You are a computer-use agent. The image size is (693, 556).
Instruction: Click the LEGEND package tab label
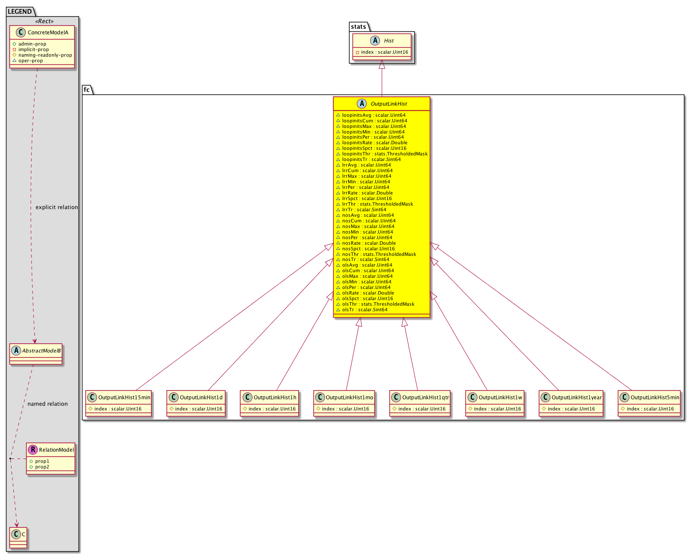tap(20, 12)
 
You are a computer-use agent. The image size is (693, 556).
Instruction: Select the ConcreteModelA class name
tap(48, 33)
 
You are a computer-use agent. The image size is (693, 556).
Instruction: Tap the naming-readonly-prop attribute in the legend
tap(45, 55)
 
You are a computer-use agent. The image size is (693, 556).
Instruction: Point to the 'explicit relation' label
tap(57, 207)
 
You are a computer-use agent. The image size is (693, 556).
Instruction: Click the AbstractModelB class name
tap(41, 350)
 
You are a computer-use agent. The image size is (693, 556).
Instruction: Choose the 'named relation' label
tap(48, 404)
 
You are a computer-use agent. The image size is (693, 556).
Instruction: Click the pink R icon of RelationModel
tap(33, 450)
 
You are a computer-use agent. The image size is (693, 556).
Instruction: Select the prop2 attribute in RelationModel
tap(42, 467)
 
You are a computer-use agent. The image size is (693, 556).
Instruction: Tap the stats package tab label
tap(359, 27)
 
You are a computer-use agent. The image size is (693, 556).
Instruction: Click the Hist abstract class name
tap(389, 41)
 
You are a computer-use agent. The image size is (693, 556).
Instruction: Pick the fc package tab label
tap(87, 90)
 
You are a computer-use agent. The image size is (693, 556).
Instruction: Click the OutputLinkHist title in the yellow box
tap(389, 104)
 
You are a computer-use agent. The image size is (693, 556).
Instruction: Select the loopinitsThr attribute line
tap(385, 154)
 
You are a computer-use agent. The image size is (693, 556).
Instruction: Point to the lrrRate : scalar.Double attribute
tap(368, 193)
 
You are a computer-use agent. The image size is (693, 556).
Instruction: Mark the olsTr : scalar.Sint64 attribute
tap(365, 310)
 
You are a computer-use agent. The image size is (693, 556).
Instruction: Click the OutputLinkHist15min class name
tap(125, 397)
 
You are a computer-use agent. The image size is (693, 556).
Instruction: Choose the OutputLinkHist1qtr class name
tap(426, 397)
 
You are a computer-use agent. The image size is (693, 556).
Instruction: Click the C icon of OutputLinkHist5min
tap(624, 397)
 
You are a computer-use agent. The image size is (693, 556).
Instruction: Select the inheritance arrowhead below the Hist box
tap(382, 64)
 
